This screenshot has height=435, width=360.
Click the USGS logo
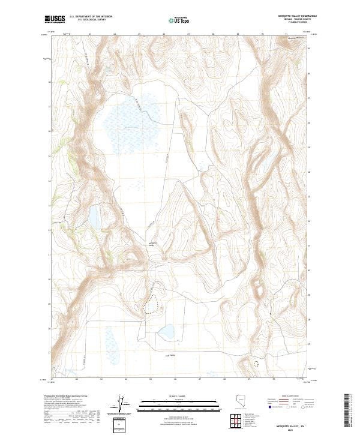point(55,19)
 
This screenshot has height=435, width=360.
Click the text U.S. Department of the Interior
point(91,17)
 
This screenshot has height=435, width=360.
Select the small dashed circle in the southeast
point(257,363)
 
